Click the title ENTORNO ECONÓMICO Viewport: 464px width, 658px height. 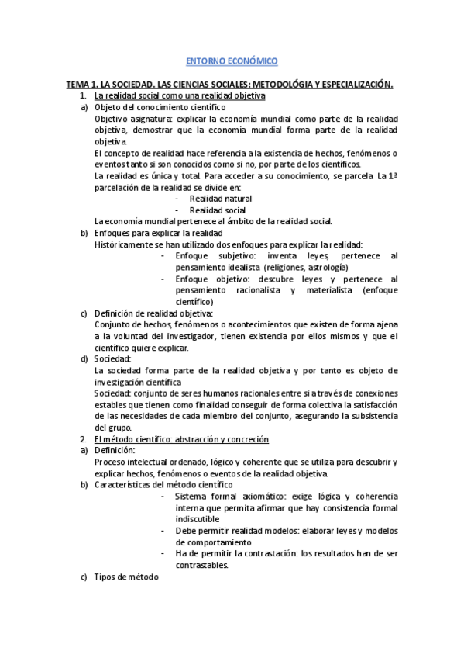coord(232,61)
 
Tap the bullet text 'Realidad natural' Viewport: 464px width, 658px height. coord(221,199)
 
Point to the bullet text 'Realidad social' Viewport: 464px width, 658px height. coord(218,210)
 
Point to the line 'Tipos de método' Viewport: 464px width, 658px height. coord(125,577)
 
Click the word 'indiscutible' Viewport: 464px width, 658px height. coord(198,519)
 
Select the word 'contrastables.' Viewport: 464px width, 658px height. coord(202,566)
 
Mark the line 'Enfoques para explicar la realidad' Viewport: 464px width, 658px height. coord(158,233)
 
